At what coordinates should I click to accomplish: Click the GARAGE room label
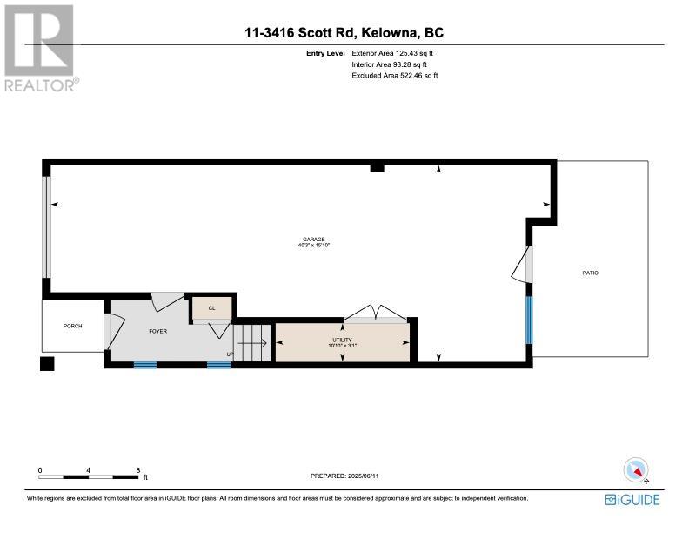[x=314, y=240]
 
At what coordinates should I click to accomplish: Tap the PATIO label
[x=590, y=273]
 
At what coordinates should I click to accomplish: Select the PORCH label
[x=72, y=326]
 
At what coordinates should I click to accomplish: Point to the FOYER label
[x=157, y=331]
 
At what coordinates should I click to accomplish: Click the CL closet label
[x=211, y=308]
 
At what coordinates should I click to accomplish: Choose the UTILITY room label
[x=342, y=340]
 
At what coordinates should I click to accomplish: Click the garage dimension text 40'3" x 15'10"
[x=314, y=245]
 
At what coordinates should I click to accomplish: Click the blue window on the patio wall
[x=529, y=320]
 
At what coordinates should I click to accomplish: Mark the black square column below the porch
[x=47, y=364]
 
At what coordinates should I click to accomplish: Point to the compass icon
[x=636, y=469]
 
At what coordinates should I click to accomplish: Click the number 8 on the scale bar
[x=138, y=470]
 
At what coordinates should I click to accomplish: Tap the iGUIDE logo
[x=632, y=500]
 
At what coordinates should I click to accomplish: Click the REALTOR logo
[x=40, y=48]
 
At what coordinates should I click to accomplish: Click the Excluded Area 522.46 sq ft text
[x=395, y=75]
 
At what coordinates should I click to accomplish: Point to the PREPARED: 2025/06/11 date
[x=344, y=476]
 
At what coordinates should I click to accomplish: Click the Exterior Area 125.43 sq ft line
[x=392, y=53]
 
